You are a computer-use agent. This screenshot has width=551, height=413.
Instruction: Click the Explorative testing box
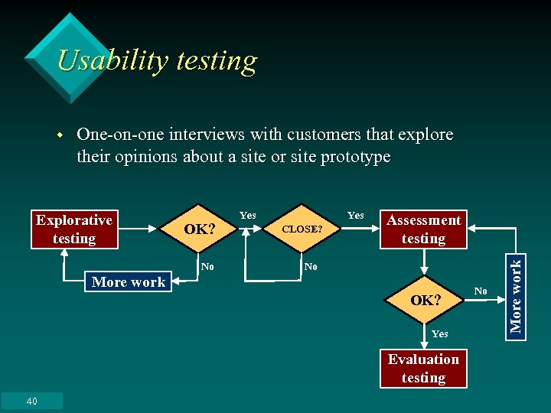pos(74,229)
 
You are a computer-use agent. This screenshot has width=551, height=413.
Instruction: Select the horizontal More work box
pos(129,282)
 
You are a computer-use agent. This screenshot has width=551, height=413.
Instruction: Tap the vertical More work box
pos(516,295)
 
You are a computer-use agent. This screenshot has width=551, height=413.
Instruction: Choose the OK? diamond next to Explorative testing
pos(200,229)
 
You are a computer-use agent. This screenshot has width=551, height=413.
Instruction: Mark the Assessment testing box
pos(423,229)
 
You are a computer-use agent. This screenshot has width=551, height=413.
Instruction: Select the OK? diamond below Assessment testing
pos(425,301)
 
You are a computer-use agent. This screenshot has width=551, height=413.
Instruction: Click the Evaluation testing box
pos(423,369)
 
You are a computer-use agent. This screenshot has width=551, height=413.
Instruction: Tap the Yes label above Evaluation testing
pos(440,333)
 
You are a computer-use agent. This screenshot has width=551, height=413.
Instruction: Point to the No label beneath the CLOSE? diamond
pos(310,267)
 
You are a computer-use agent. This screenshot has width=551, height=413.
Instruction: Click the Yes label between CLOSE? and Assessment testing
pos(356,216)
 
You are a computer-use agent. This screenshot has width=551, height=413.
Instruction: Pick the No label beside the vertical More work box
pos(481,291)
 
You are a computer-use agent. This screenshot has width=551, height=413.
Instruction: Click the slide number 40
pos(31,402)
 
